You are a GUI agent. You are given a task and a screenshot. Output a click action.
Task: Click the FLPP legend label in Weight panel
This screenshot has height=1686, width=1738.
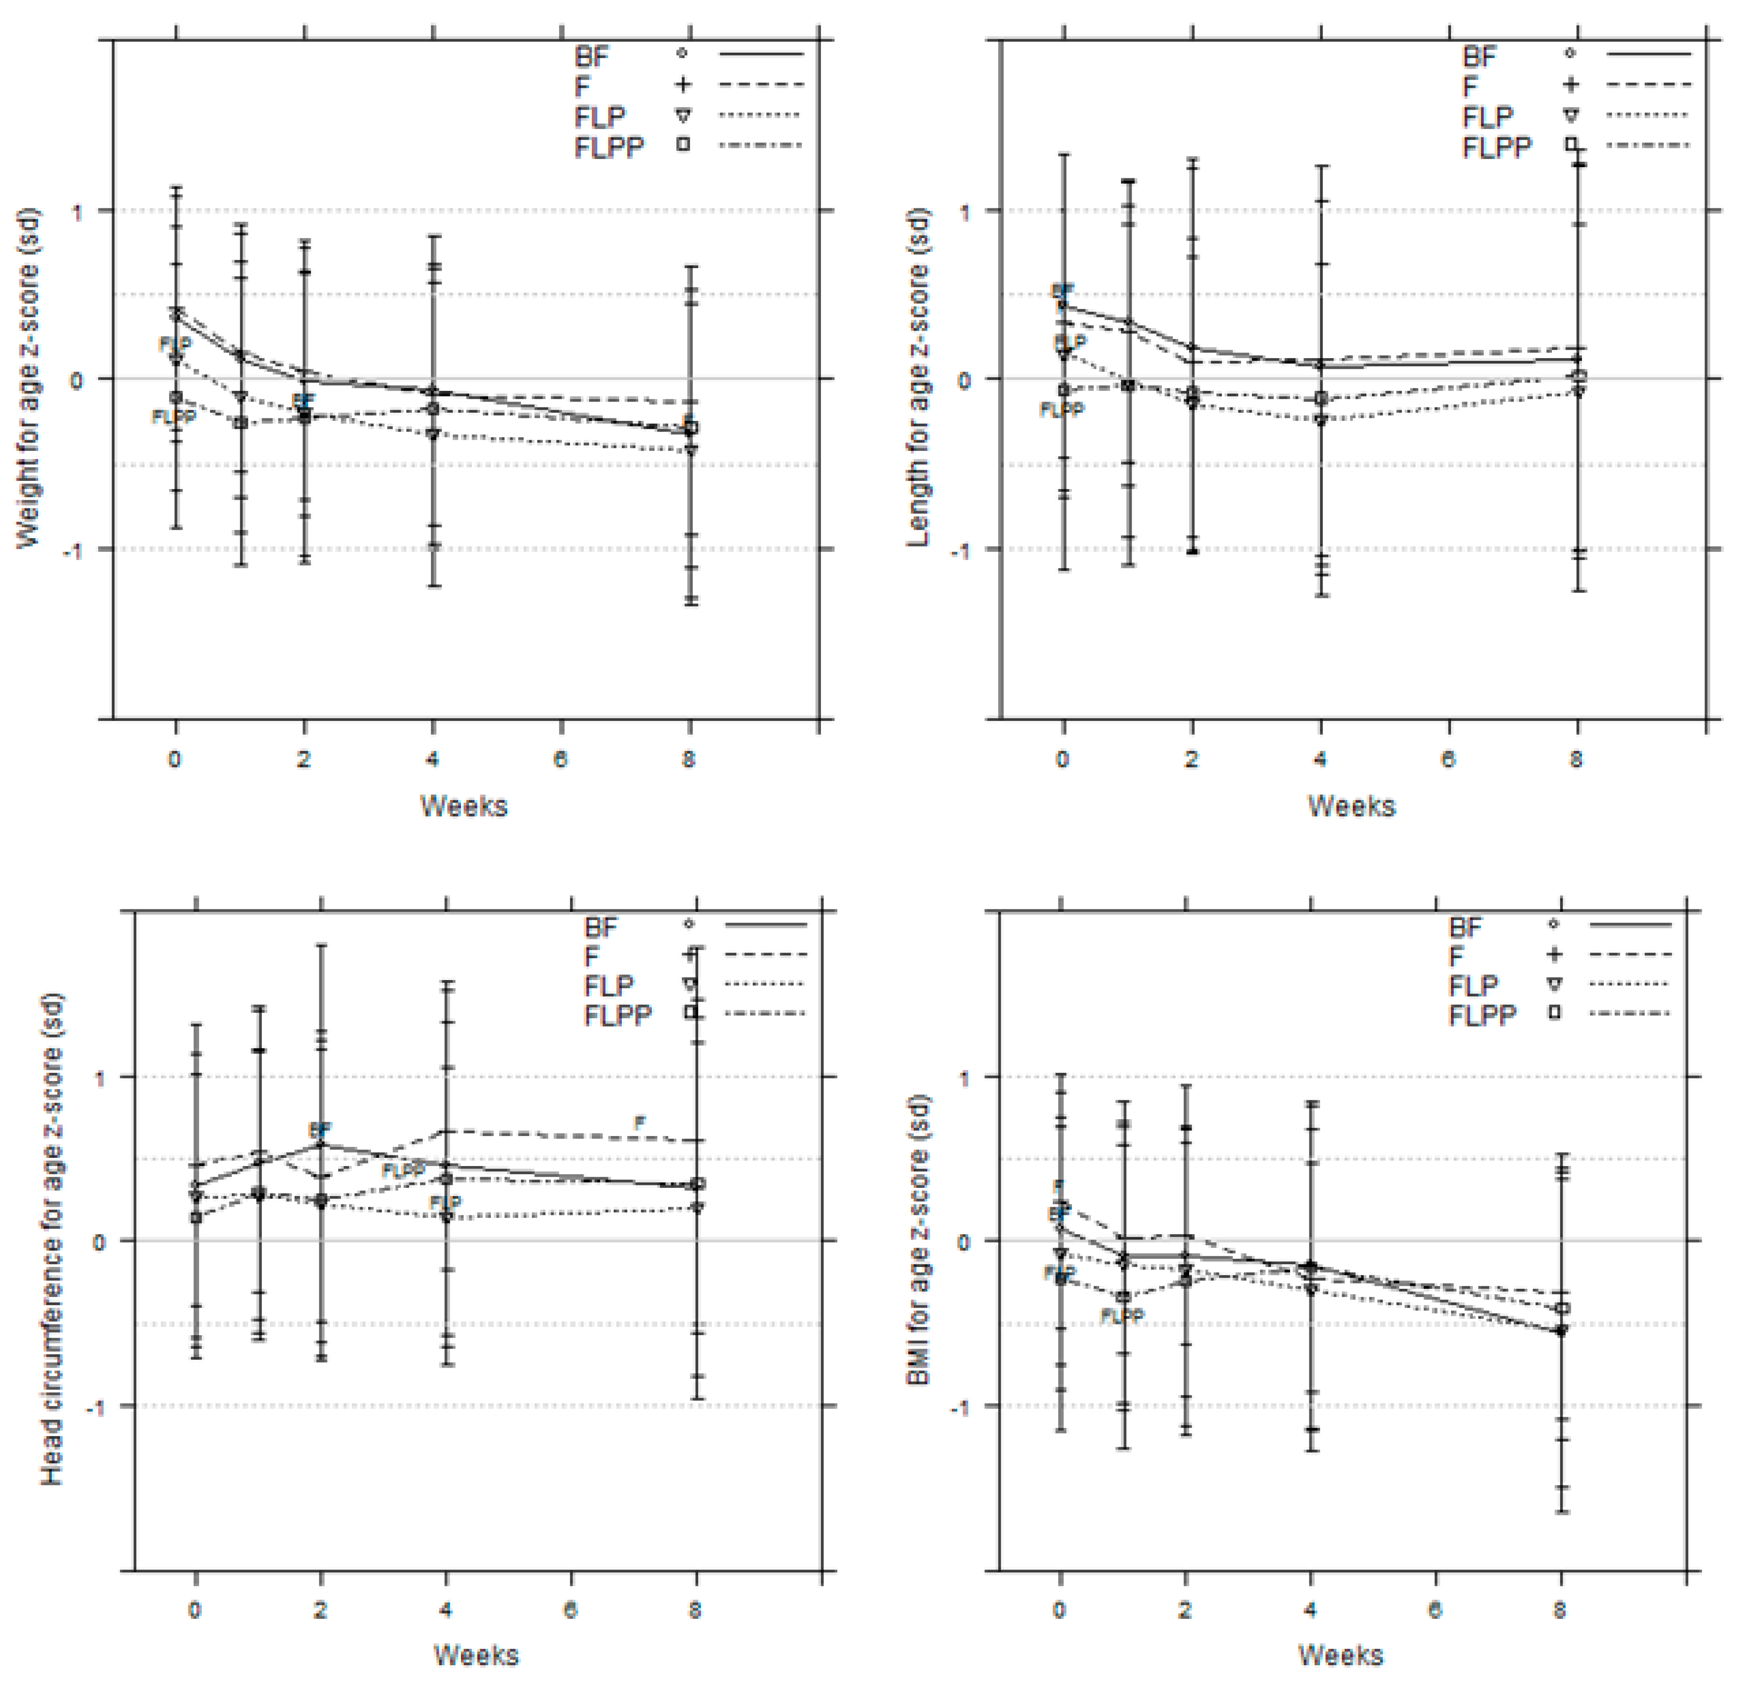coord(608,146)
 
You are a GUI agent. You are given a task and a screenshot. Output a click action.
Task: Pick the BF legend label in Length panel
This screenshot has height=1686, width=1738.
coord(1479,56)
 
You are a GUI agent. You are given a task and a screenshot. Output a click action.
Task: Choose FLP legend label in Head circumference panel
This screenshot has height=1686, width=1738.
coord(608,985)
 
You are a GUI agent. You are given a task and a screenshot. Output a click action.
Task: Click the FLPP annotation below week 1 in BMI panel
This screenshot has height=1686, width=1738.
coord(1122,1316)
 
